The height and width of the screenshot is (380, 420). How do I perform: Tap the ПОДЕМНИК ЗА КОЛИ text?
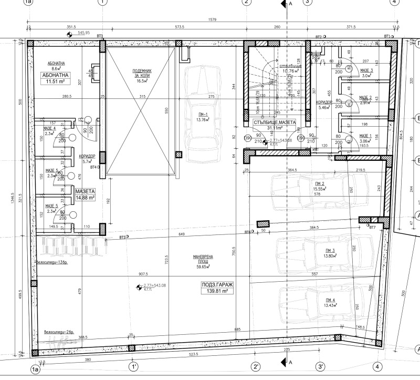pyautogui.click(x=139, y=75)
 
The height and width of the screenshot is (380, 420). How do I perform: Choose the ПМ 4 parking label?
pyautogui.click(x=330, y=303)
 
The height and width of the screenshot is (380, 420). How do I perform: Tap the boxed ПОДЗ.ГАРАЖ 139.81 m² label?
pyautogui.click(x=216, y=288)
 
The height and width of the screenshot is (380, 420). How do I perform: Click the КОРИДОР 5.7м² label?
pyautogui.click(x=87, y=159)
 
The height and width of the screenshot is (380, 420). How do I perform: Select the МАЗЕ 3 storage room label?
pyautogui.click(x=366, y=73)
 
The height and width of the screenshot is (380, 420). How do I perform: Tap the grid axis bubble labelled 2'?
pyautogui.click(x=256, y=366)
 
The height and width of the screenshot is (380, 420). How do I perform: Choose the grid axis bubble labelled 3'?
pyautogui.click(x=320, y=366)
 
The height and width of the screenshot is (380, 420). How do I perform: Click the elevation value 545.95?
pyautogui.click(x=84, y=33)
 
